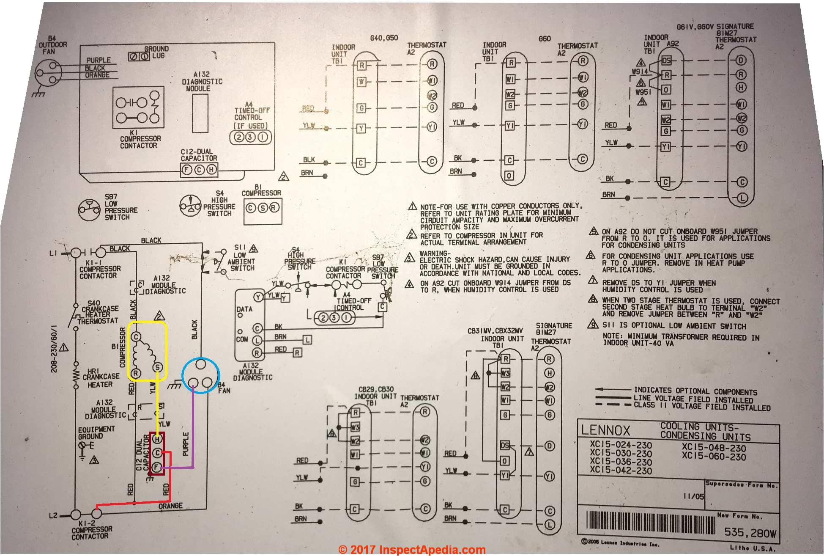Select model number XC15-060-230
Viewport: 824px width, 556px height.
(714, 457)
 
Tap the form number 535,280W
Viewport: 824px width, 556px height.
(750, 533)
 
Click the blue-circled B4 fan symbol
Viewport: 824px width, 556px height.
(201, 375)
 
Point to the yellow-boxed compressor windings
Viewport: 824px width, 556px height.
(147, 350)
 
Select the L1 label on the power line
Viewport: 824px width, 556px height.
(53, 253)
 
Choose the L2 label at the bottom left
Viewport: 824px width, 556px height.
(53, 516)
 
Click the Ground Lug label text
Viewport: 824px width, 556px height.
(157, 52)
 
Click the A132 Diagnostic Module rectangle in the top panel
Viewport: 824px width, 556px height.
(200, 113)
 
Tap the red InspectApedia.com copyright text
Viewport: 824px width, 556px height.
(412, 550)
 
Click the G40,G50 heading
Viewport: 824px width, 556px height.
(384, 38)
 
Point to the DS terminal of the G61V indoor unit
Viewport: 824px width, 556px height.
(667, 61)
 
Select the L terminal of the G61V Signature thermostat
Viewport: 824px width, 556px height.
(742, 198)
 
